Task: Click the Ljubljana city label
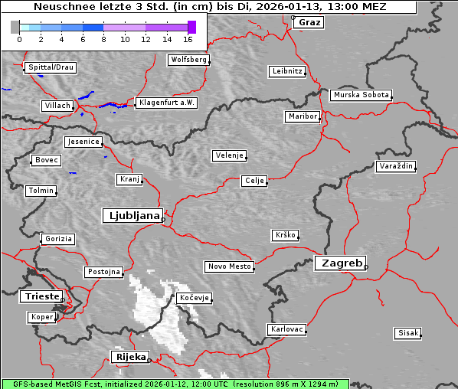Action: point(131,216)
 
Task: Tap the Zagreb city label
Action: point(339,263)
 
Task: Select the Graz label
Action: point(309,22)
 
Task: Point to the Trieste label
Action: point(41,296)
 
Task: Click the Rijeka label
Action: point(130,357)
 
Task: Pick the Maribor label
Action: point(302,116)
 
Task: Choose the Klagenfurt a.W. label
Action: point(166,103)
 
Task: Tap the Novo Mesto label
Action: point(228,266)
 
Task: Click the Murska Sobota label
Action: point(361,96)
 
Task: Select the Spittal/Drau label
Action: point(51,67)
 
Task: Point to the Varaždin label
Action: point(395,166)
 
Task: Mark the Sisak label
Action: point(407,333)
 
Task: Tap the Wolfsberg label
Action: point(188,59)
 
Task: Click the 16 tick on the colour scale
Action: point(188,38)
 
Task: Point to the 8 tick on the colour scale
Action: point(103,38)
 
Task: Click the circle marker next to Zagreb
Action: point(366,267)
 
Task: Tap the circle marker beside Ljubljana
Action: point(163,220)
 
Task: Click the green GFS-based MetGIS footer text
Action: point(175,384)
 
